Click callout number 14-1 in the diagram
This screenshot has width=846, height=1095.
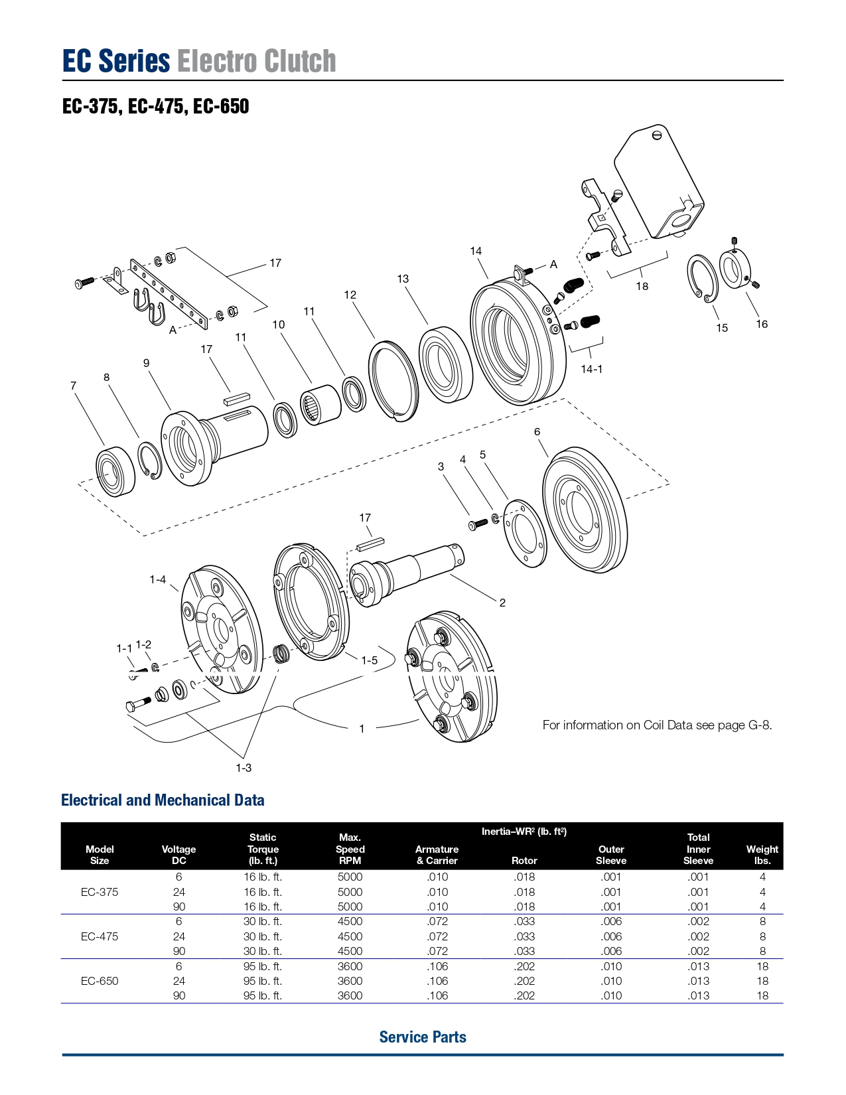pos(591,369)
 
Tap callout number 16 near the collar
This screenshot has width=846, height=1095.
pos(761,324)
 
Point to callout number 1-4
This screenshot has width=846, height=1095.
pos(157,579)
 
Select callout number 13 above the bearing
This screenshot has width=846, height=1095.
pos(403,279)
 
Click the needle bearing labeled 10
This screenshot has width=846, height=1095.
pos(320,405)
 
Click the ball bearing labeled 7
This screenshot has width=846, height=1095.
pos(115,471)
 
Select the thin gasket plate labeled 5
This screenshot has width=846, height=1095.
pos(525,533)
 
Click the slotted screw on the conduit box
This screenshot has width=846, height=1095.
pos(656,135)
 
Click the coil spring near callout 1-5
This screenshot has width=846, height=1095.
pos(281,654)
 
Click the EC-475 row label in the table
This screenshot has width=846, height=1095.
pos(100,936)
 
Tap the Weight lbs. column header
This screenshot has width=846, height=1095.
pos(762,855)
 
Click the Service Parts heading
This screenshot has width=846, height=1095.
pos(423,1037)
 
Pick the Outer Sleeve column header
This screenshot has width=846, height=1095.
pos(610,855)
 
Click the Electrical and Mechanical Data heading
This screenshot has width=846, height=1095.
pos(163,800)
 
